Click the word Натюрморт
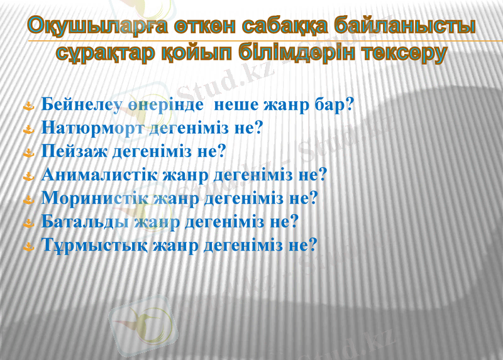pyautogui.click(x=94, y=128)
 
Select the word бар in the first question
pyautogui.click(x=328, y=105)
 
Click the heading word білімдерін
pyautogui.click(x=282, y=53)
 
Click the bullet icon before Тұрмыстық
pyautogui.click(x=28, y=247)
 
